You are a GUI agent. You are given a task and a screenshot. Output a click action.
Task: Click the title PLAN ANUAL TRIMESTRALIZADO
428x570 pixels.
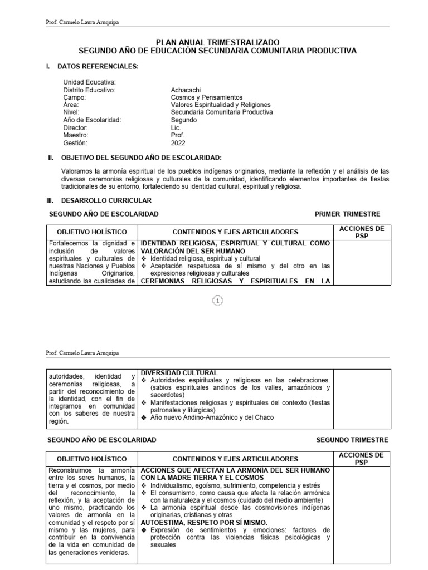(217, 42)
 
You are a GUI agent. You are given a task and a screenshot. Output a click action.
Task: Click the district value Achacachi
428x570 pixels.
(186, 90)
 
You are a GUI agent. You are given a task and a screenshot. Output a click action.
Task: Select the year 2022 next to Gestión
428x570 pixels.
(178, 142)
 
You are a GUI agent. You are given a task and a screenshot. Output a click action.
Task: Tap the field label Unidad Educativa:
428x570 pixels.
(89, 82)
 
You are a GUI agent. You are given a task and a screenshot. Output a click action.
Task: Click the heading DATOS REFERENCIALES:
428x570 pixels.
(98, 67)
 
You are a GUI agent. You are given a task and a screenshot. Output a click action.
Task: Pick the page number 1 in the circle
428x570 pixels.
(217, 301)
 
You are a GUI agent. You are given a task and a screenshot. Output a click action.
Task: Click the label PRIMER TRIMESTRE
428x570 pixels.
(347, 214)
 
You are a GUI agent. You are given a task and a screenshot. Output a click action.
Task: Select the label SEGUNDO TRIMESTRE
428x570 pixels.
(352, 440)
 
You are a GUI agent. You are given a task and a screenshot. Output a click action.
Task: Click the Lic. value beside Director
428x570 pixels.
(176, 127)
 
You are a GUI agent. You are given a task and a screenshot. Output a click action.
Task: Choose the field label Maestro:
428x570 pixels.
(76, 135)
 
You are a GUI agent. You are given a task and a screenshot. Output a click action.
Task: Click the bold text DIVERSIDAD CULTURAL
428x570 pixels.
(179, 372)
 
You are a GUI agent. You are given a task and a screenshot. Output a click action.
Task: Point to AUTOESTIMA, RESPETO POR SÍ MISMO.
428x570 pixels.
(204, 523)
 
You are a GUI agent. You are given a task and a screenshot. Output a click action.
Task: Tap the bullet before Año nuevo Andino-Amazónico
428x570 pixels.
(144, 417)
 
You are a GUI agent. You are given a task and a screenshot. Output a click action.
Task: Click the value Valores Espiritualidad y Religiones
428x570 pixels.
(221, 105)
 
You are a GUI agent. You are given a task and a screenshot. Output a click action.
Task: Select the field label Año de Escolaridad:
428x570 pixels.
(92, 120)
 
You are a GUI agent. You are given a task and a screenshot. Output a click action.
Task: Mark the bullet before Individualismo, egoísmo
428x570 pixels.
(144, 485)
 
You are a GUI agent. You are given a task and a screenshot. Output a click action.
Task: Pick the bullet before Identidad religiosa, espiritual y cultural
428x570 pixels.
(144, 259)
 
